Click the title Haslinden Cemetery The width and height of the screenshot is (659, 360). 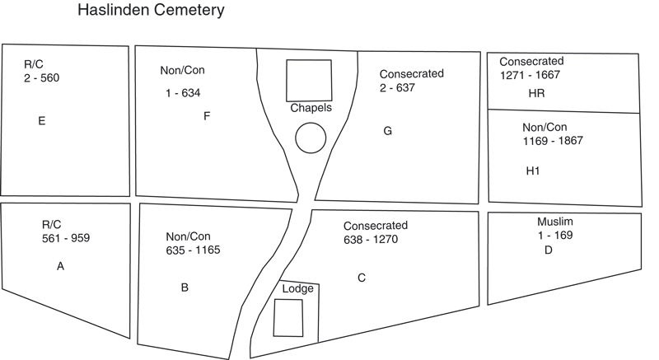click(x=150, y=12)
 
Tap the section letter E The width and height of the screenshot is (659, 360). click(x=41, y=121)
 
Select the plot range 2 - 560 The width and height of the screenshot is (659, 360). click(x=42, y=78)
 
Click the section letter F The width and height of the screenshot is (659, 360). click(x=207, y=116)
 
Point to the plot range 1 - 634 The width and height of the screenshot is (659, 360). click(x=183, y=94)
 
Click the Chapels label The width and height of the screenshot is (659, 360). click(x=311, y=108)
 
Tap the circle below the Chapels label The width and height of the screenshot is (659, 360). click(x=311, y=138)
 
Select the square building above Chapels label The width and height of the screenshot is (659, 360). click(x=309, y=80)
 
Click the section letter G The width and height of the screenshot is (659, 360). click(x=387, y=131)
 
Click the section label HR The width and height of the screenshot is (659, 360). click(x=536, y=94)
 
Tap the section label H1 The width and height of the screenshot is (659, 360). click(x=533, y=171)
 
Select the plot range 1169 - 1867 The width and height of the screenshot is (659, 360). click(x=552, y=141)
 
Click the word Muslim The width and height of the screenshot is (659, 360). click(x=555, y=222)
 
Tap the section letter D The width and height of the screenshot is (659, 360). click(x=548, y=250)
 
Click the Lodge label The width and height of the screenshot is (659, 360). click(x=297, y=289)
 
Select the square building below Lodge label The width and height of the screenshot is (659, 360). click(x=287, y=317)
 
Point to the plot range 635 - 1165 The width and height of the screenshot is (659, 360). click(x=193, y=250)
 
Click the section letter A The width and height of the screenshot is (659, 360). click(x=60, y=266)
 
